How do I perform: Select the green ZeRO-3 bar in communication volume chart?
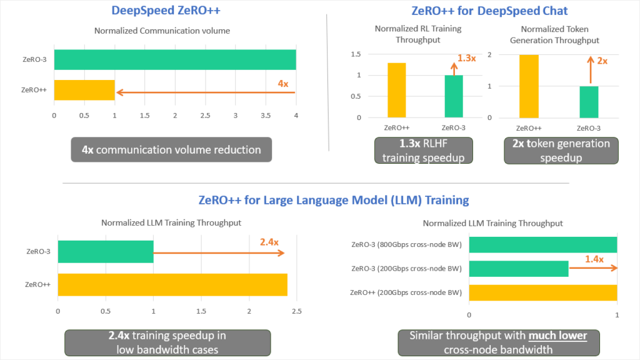[175, 59]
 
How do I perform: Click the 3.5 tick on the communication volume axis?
[266, 115]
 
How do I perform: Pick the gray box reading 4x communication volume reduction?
[171, 150]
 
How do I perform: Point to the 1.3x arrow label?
[467, 57]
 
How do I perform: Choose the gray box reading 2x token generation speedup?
[561, 150]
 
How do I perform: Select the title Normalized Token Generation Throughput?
[559, 34]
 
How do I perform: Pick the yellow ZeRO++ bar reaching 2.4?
[172, 284]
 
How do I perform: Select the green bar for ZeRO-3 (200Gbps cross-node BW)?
[518, 269]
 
